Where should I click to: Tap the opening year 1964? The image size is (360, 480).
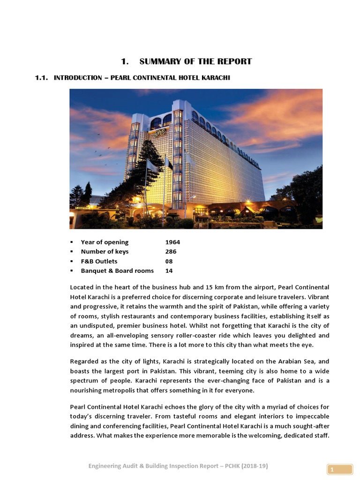coord(172,242)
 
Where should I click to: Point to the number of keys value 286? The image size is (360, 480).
coord(171,252)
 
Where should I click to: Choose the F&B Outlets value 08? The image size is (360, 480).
coord(169,261)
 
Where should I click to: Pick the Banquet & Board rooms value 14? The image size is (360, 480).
coord(169,271)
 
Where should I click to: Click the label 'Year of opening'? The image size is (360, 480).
coord(105,242)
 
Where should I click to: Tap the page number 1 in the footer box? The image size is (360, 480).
coord(332,470)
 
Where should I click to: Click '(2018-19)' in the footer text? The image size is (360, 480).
coord(253,465)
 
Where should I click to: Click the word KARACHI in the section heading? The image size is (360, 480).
coord(215,77)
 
